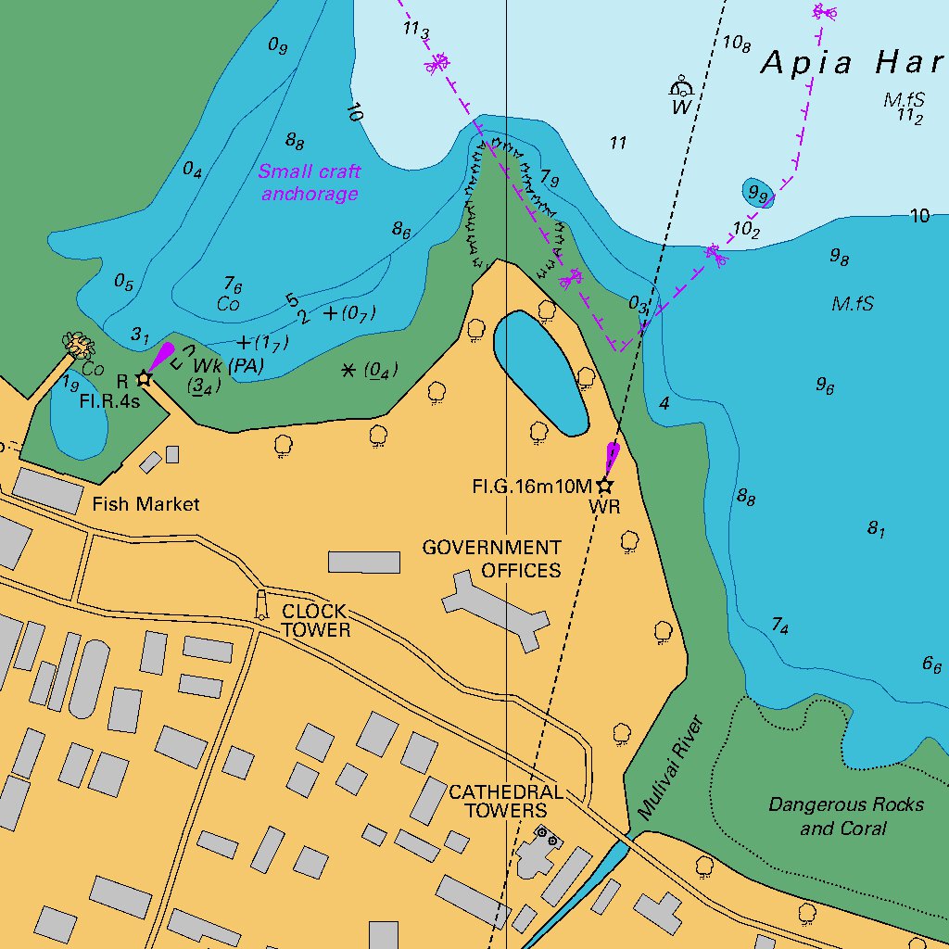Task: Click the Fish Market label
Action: [x=146, y=504]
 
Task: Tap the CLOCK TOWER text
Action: [x=315, y=621]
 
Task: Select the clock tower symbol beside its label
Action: [x=261, y=604]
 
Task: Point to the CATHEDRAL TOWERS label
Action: [x=505, y=802]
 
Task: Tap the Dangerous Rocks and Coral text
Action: [x=845, y=816]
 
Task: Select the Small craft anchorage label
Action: [x=310, y=183]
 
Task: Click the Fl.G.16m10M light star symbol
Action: [x=604, y=486]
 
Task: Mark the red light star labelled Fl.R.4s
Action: [x=144, y=378]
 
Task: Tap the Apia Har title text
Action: [x=853, y=63]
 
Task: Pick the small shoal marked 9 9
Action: [x=757, y=193]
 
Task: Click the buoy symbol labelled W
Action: [x=682, y=89]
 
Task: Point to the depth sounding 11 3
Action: [x=416, y=30]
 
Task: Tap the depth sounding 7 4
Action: [x=779, y=627]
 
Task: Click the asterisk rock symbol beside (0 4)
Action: [x=348, y=370]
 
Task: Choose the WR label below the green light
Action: [x=604, y=508]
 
